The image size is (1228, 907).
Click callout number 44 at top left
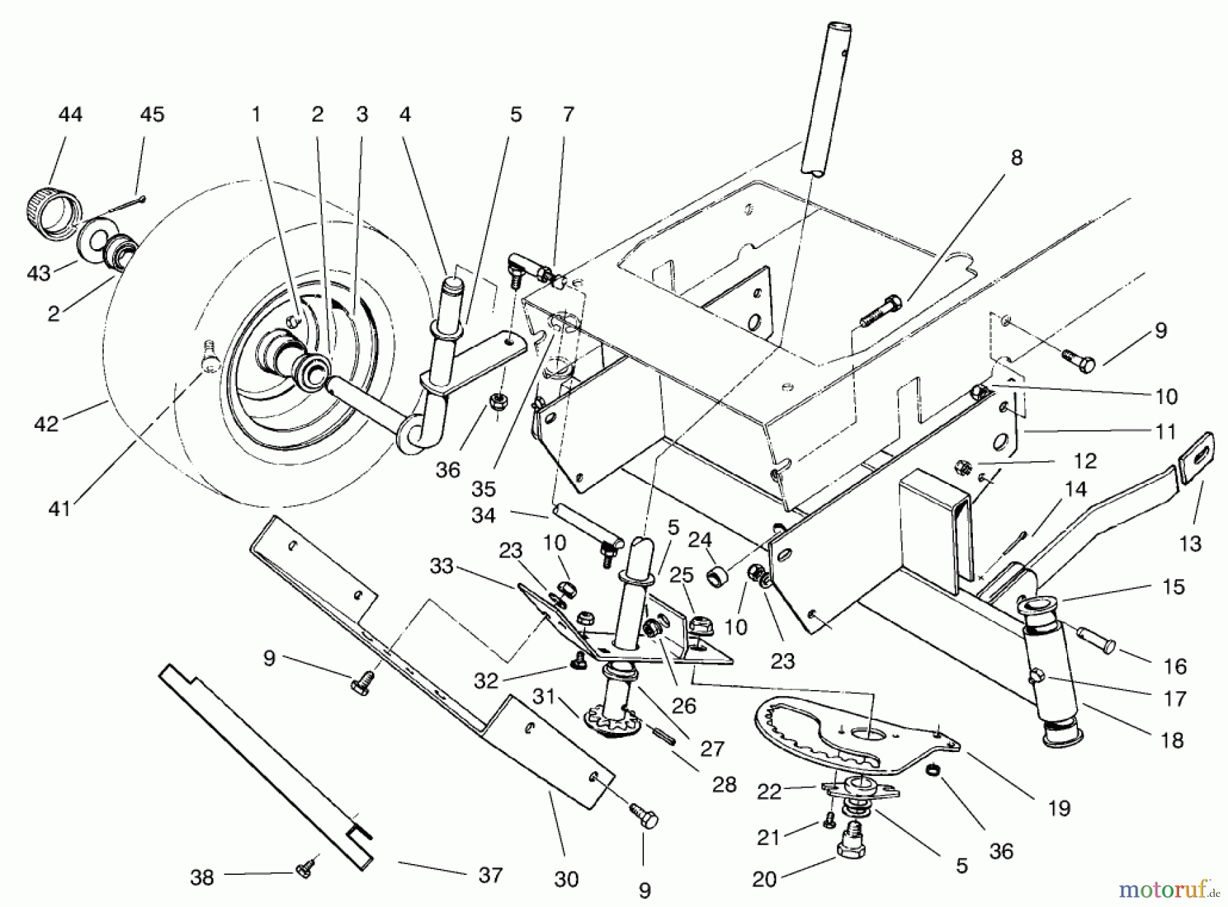(x=70, y=115)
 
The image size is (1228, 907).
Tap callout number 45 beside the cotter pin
(x=152, y=115)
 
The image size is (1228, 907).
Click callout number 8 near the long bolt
(x=1017, y=158)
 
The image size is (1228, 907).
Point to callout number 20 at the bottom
(x=764, y=879)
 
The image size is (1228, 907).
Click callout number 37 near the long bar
(x=490, y=874)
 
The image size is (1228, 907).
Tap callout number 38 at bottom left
(x=202, y=877)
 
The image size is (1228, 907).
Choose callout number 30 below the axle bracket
(x=566, y=879)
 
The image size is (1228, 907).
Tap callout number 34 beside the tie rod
(x=483, y=515)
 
